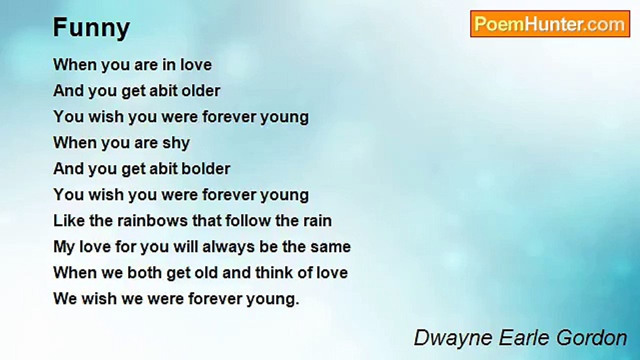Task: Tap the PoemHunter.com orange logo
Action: (550, 24)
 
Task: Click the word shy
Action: (176, 143)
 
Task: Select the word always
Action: (228, 247)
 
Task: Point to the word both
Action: (144, 273)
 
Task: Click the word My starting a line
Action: (64, 247)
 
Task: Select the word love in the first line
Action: (196, 65)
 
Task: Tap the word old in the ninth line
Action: (206, 273)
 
